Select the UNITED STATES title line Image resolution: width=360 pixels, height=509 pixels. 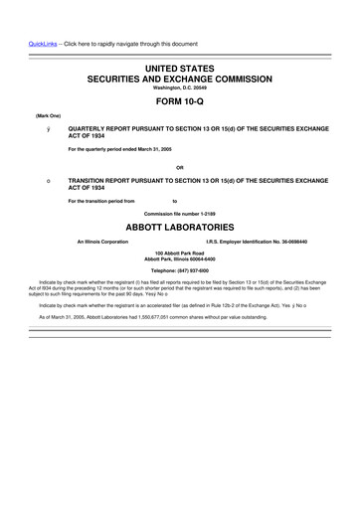click(x=180, y=65)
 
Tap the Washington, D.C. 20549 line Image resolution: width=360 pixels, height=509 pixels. click(x=180, y=86)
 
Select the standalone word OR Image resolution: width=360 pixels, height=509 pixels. click(x=180, y=166)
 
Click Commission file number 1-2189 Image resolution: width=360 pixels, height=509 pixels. click(x=180, y=215)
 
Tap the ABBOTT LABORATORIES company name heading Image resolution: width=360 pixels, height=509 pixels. click(x=180, y=228)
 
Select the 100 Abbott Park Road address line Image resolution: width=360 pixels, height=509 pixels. click(x=180, y=254)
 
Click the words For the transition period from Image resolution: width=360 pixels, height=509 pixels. click(x=100, y=201)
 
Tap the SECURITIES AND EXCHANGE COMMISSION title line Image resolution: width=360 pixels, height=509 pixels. click(x=180, y=76)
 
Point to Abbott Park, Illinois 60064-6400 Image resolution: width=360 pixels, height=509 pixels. click(x=180, y=259)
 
